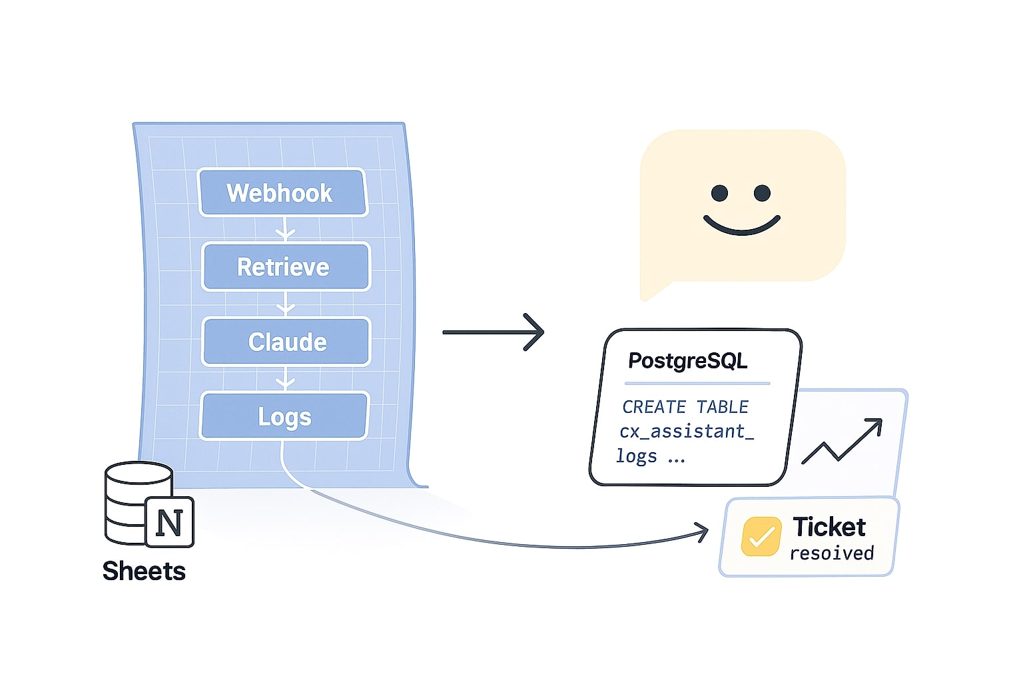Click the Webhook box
pyautogui.click(x=282, y=193)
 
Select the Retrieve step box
pyautogui.click(x=285, y=267)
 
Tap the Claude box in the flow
pyautogui.click(x=286, y=342)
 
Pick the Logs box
pyautogui.click(x=284, y=417)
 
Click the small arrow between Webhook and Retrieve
pyautogui.click(x=285, y=230)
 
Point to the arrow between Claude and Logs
pyautogui.click(x=285, y=380)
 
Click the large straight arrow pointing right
pyautogui.click(x=494, y=332)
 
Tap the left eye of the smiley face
pyautogui.click(x=719, y=193)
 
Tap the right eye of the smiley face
pyautogui.click(x=762, y=193)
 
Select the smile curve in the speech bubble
pyautogui.click(x=741, y=226)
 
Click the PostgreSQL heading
pyautogui.click(x=687, y=361)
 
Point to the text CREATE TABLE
pyautogui.click(x=685, y=407)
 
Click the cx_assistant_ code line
pyautogui.click(x=686, y=432)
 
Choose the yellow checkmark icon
pyautogui.click(x=761, y=536)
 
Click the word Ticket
pyautogui.click(x=829, y=527)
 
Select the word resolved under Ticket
pyautogui.click(x=831, y=553)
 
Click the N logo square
pyautogui.click(x=169, y=522)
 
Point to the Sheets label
pyautogui.click(x=144, y=571)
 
